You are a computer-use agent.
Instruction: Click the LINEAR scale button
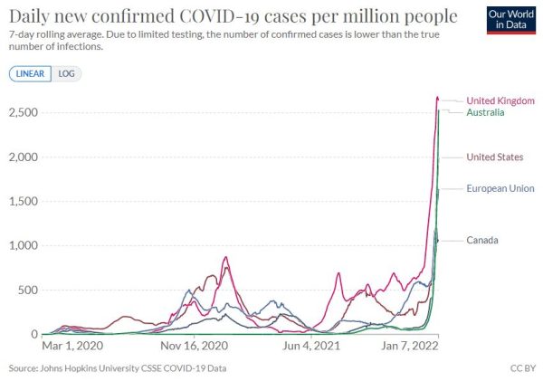tap(30, 74)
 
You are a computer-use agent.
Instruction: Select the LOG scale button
tap(65, 74)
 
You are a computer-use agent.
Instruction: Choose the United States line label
tap(494, 157)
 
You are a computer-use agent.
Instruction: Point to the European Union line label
tap(500, 188)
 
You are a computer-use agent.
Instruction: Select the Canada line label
tap(482, 240)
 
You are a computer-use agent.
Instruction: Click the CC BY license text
tap(522, 369)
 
